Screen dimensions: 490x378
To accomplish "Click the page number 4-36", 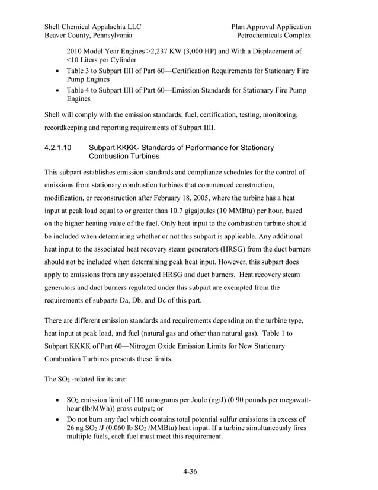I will pos(190,472).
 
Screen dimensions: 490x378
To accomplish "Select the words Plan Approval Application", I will pos(271,26).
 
